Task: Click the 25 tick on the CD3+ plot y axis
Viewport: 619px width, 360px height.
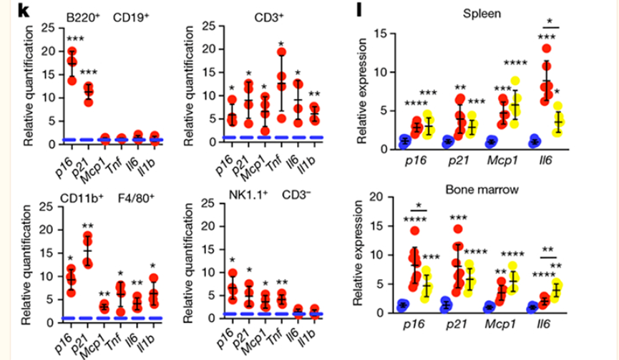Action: click(209, 27)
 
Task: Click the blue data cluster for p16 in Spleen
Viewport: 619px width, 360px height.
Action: click(405, 141)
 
